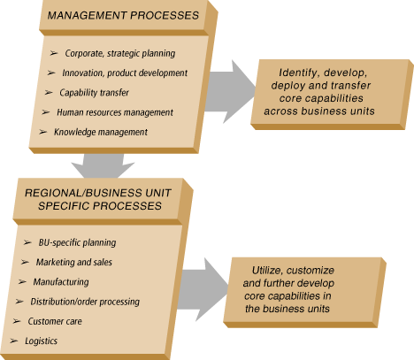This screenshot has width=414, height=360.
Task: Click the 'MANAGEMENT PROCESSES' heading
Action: click(x=123, y=15)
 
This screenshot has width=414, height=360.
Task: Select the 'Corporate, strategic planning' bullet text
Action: click(x=120, y=53)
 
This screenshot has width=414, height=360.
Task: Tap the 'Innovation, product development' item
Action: click(x=125, y=73)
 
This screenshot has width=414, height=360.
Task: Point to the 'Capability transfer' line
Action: click(x=94, y=93)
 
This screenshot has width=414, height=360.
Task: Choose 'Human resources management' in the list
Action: click(x=115, y=112)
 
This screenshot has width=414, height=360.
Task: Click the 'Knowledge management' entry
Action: click(x=101, y=132)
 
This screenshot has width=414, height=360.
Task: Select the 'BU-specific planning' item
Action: click(x=77, y=242)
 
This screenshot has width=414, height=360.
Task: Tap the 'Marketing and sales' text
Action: click(x=74, y=262)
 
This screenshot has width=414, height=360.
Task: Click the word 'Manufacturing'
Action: click(x=61, y=282)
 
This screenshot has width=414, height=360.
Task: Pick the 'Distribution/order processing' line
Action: click(x=85, y=302)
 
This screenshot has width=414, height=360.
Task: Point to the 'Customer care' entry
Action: click(x=55, y=321)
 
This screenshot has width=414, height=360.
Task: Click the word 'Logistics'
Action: click(x=41, y=341)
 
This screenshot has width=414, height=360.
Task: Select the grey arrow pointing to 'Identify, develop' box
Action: click(x=230, y=92)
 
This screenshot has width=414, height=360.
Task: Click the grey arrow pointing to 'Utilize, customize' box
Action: click(x=203, y=289)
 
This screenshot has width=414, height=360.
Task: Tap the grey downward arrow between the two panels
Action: click(x=103, y=166)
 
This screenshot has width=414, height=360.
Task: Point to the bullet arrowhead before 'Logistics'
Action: click(x=13, y=341)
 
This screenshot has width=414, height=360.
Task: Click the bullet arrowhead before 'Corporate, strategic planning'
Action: click(x=54, y=53)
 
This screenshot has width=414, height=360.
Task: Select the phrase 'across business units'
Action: click(x=319, y=111)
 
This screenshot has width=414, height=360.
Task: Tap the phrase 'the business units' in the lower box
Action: click(x=287, y=309)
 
